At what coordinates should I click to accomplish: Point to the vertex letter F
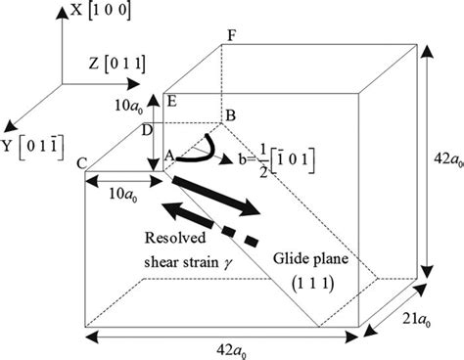(231, 35)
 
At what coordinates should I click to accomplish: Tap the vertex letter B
(231, 114)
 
